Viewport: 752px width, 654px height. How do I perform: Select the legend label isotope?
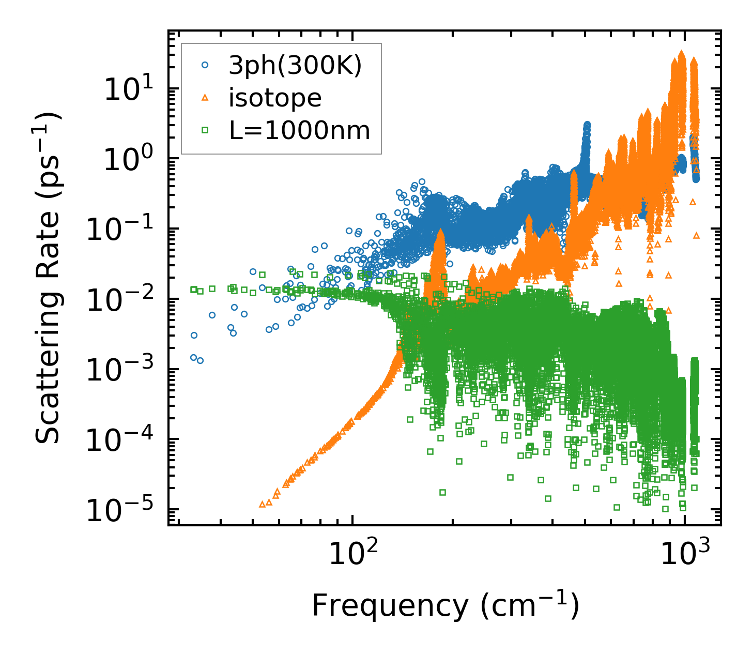coord(275,98)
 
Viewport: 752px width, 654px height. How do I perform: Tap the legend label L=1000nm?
coord(299,131)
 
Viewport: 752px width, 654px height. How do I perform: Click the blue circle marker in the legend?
coord(205,66)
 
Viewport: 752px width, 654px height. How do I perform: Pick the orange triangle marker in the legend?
coord(205,98)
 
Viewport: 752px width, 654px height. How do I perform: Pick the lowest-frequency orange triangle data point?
coord(262,504)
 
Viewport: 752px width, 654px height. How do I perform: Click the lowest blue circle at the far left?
coord(200,360)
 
